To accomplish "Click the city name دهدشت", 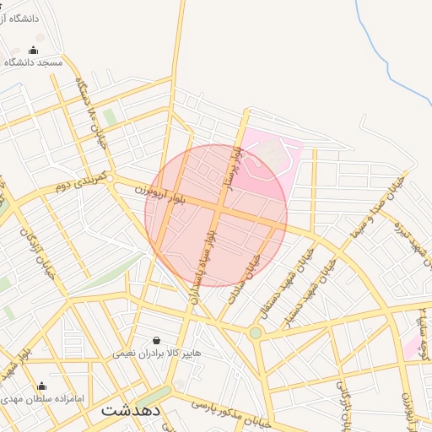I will point(131,410).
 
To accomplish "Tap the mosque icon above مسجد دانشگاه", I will point(34,50).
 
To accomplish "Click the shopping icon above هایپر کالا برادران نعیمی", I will point(157,340).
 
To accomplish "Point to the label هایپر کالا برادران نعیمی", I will point(158,354).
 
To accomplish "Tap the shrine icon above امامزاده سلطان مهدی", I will point(41,386).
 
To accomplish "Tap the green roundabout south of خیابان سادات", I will point(256,333).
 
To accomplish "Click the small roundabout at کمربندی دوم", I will point(111,178).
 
